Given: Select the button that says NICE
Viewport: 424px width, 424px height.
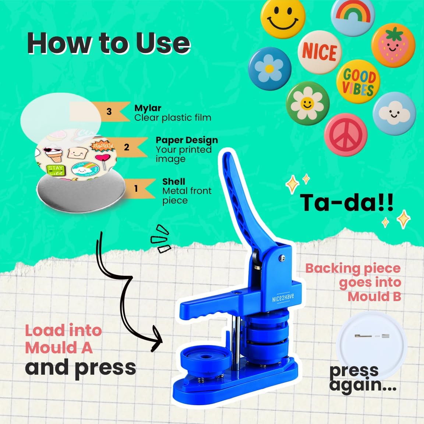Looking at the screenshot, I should pos(319,52).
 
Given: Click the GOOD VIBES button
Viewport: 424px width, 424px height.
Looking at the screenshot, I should pos(358,82).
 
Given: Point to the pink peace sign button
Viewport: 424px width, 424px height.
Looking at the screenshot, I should pos(346,134).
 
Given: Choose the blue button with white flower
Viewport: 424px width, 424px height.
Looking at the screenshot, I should pos(269,68).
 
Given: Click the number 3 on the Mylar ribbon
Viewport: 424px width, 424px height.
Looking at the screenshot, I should pos(109,112).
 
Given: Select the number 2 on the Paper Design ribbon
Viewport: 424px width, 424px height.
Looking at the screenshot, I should pos(127,147).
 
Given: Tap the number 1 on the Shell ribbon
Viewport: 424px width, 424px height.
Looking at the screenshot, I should pos(136,188).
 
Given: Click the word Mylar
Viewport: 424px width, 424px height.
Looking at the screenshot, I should pos(148,108).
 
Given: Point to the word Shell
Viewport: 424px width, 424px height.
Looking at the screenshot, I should pos(174,181).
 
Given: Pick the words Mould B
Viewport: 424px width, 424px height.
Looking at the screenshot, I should pos(374,296).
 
